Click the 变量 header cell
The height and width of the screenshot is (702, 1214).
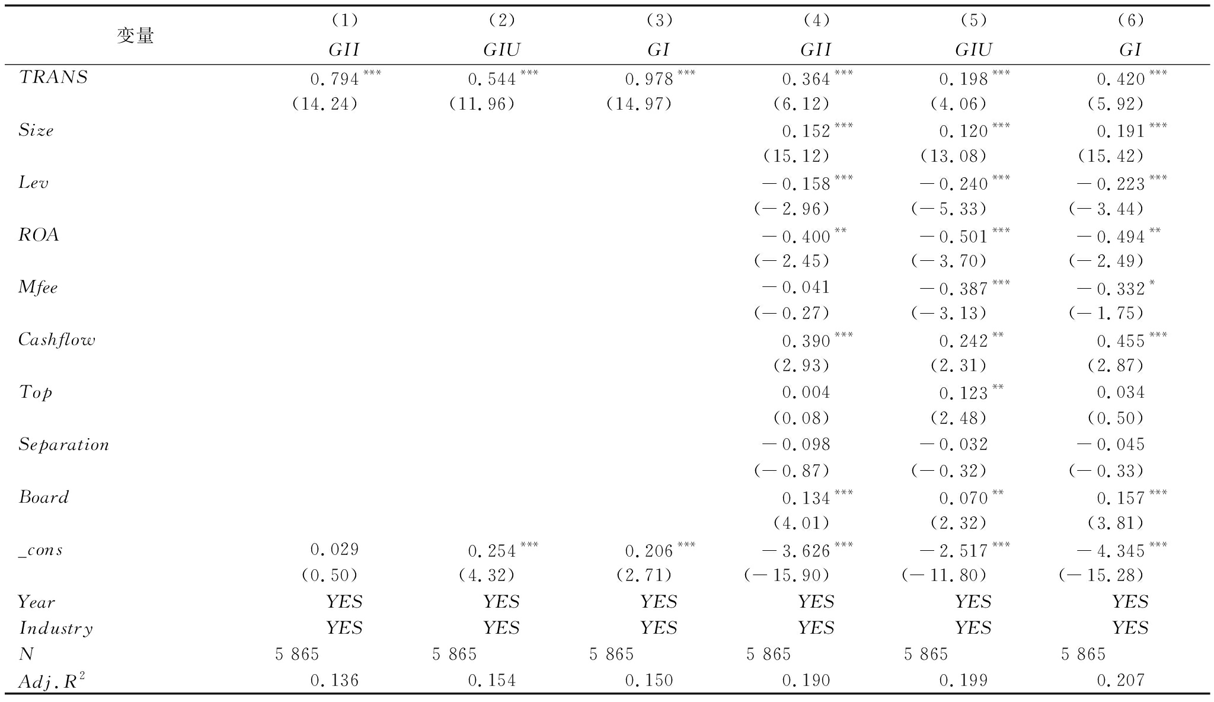[x=135, y=36]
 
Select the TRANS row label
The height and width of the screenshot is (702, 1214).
[x=53, y=78]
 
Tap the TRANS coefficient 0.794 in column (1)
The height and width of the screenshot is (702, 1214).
[x=335, y=79]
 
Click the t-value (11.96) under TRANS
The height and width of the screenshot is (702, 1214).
[x=481, y=104]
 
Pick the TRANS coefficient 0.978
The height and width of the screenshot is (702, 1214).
[x=650, y=79]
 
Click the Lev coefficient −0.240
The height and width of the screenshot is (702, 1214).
[x=954, y=184]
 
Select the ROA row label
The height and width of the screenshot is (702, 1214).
[x=39, y=235]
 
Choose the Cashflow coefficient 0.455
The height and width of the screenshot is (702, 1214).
[x=1121, y=340]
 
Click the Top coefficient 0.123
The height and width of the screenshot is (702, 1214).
[x=963, y=393]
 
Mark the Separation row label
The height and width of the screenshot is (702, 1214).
[x=64, y=445]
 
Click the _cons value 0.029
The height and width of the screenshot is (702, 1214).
[x=335, y=550]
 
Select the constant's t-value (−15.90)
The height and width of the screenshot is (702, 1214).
[x=787, y=575]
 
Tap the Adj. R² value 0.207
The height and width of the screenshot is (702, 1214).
[x=1121, y=680]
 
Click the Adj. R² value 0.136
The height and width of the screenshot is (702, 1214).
[x=335, y=680]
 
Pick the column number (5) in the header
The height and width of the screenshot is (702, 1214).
[x=973, y=21]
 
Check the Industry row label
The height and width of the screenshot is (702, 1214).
[x=56, y=628]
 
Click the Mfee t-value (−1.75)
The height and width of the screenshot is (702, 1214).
[x=1106, y=313]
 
